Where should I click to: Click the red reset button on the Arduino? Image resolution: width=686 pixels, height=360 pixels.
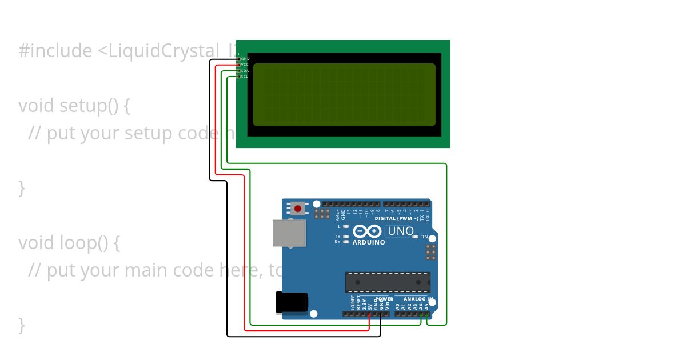click(x=297, y=209)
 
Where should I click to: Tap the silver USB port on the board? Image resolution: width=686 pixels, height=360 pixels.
click(x=289, y=233)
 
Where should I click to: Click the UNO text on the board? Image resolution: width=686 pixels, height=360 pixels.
click(x=401, y=231)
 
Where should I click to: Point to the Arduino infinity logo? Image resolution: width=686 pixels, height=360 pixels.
click(x=367, y=231)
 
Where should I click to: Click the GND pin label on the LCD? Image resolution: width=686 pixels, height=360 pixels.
click(x=245, y=59)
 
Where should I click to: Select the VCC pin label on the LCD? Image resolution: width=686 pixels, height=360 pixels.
click(x=245, y=65)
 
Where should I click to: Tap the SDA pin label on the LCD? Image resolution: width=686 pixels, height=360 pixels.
click(x=245, y=71)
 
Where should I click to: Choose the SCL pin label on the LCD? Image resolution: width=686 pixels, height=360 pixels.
click(x=245, y=77)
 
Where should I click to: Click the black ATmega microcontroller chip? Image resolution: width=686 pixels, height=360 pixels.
click(x=388, y=282)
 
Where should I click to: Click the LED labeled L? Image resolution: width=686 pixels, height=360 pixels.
click(x=346, y=226)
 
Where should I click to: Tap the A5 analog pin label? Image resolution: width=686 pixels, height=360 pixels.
click(x=426, y=306)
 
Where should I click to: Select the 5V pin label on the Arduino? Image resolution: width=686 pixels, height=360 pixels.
click(x=370, y=306)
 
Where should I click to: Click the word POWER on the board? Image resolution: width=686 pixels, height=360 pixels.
click(x=384, y=299)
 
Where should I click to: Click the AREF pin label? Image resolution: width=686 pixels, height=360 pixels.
click(x=337, y=215)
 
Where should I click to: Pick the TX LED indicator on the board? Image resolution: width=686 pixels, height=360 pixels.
click(x=346, y=237)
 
